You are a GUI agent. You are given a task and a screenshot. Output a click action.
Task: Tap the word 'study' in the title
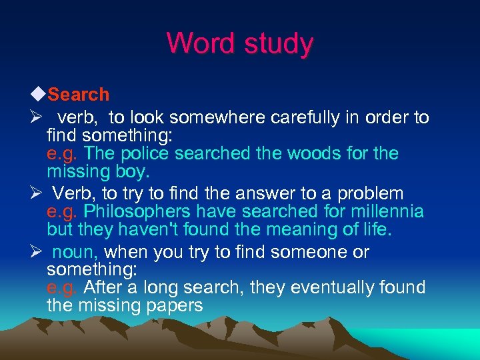(279, 45)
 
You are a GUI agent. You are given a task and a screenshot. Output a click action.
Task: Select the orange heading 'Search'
(79, 95)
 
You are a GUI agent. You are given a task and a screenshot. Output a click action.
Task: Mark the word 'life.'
(374, 230)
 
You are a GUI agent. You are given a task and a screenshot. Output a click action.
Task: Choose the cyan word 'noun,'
(75, 253)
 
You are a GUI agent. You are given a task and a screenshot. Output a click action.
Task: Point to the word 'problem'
(371, 194)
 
